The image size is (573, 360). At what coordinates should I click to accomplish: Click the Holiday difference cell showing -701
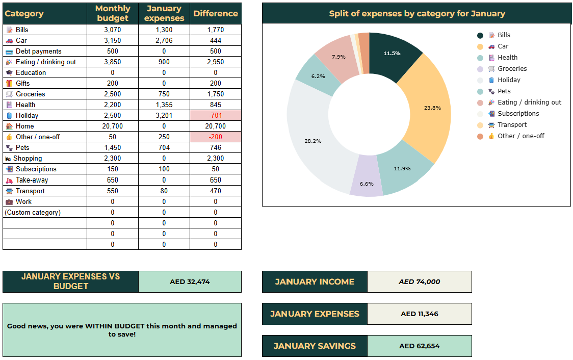click(x=215, y=115)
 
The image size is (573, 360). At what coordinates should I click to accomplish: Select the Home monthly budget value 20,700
click(x=113, y=126)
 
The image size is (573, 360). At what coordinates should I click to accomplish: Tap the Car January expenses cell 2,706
click(x=164, y=40)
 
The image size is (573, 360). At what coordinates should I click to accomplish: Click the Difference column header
click(x=215, y=14)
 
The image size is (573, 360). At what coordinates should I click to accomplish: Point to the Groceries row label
click(x=30, y=94)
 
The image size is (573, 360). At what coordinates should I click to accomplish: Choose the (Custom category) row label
click(x=33, y=212)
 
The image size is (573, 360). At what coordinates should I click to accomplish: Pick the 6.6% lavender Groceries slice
click(x=367, y=184)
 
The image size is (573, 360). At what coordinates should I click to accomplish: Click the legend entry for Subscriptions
click(x=518, y=114)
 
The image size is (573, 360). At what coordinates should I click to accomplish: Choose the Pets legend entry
click(x=504, y=91)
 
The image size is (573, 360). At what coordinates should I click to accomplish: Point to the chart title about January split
click(x=416, y=14)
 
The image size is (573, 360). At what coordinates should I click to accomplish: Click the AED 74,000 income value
click(x=419, y=281)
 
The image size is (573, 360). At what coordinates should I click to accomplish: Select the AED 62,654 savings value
click(x=419, y=346)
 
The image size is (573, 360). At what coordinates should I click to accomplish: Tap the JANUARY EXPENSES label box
click(x=315, y=314)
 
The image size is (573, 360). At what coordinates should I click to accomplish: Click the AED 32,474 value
click(x=190, y=281)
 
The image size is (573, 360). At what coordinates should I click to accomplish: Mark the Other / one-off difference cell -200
click(x=215, y=137)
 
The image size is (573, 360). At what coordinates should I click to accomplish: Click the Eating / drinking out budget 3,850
click(x=113, y=62)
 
